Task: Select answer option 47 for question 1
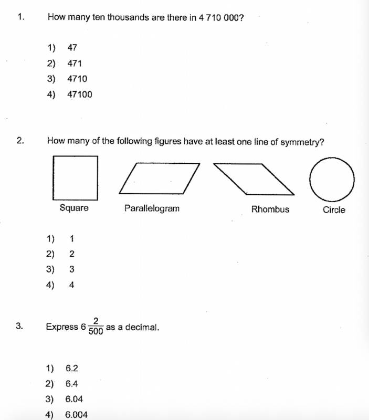tap(72, 48)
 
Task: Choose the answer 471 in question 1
tap(75, 64)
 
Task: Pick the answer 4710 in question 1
tap(77, 79)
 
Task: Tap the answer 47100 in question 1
tap(79, 94)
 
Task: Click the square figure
tap(75, 177)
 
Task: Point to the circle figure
tap(332, 179)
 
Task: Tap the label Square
tap(74, 208)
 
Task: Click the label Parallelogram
tap(152, 208)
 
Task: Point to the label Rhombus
tap(270, 209)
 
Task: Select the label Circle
tap(334, 210)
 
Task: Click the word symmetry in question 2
tap(301, 141)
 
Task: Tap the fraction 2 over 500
tap(96, 326)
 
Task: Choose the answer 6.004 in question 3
tap(76, 415)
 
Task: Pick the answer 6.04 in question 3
tap(74, 399)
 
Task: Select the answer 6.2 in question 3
tap(72, 369)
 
